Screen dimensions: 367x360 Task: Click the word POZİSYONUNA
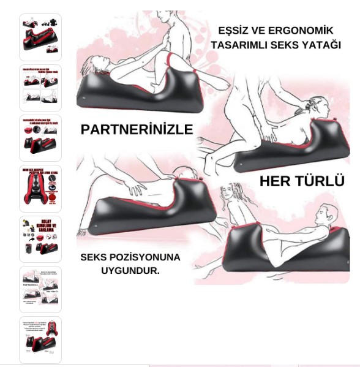[151, 257]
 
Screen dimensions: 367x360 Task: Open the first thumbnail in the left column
[40, 37]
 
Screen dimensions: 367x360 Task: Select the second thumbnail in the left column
[40, 88]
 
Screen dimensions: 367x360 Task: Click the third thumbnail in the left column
[40, 138]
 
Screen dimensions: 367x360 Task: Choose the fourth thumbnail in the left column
[40, 188]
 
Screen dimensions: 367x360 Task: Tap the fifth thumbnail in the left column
[40, 238]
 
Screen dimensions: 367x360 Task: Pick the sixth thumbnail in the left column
[40, 289]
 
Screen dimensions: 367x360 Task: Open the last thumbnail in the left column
[40, 339]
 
